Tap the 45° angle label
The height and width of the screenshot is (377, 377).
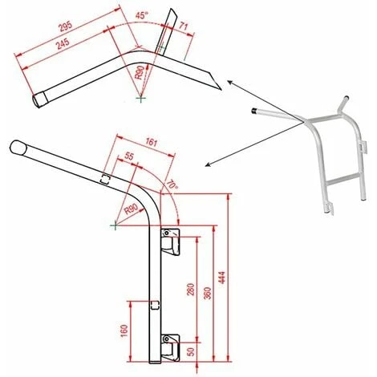tap(141, 15)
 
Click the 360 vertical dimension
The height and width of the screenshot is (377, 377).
tap(208, 294)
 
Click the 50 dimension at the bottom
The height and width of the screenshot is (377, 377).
tap(191, 351)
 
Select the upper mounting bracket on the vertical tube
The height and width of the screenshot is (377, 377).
tap(171, 240)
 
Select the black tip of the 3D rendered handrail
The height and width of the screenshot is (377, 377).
tap(255, 111)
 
